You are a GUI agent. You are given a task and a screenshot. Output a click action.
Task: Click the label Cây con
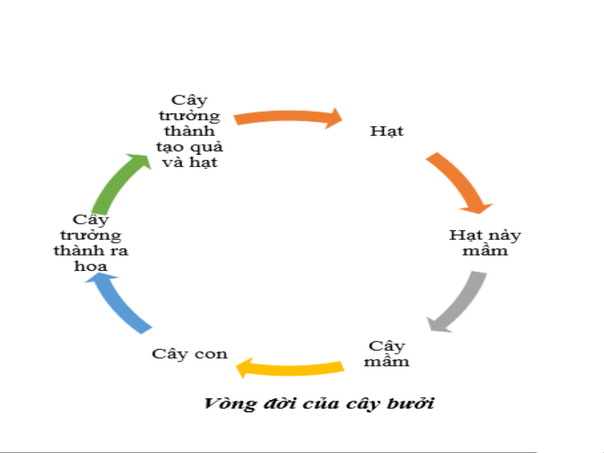coord(190,354)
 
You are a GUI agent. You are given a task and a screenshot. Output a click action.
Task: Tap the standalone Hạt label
coord(387,131)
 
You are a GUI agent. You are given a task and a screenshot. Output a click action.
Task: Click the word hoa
coord(91,266)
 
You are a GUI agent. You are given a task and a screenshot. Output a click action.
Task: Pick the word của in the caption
coord(321,404)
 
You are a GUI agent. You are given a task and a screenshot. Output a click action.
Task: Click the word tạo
coord(170,147)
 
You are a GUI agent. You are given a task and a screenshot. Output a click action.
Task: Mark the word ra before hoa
coord(119,251)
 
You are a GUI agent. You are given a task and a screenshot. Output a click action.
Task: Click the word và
coord(173,163)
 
